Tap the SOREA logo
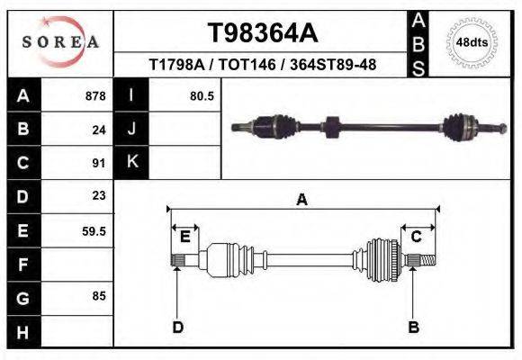(x=59, y=41)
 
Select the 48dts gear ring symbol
(x=472, y=41)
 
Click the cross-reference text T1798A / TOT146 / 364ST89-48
(x=262, y=65)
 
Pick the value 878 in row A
(x=95, y=95)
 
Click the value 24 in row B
(x=99, y=130)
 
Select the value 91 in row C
(x=99, y=164)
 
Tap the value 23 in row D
(x=99, y=195)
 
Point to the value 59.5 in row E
(x=94, y=230)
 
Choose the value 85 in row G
(x=99, y=295)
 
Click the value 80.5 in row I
(x=202, y=95)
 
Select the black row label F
(x=22, y=265)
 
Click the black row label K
(x=131, y=162)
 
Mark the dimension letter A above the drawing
(x=302, y=200)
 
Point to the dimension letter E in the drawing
(x=184, y=237)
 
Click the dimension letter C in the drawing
(x=417, y=237)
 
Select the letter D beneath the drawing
(x=177, y=327)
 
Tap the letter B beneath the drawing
(x=414, y=327)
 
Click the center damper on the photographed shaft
(x=329, y=127)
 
